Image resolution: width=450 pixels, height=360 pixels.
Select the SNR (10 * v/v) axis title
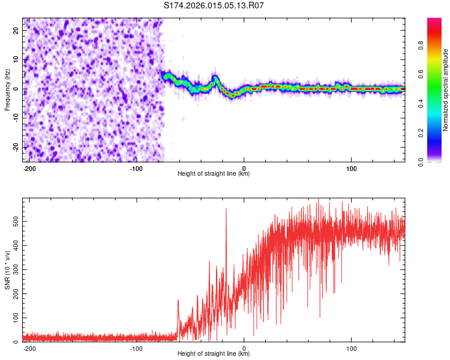pyautogui.click(x=7, y=270)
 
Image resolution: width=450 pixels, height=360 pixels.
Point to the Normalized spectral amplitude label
pyautogui.click(x=446, y=90)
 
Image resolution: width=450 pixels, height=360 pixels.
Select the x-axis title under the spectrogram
pyautogui.click(x=214, y=174)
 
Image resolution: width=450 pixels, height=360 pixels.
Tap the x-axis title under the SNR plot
pyautogui.click(x=214, y=354)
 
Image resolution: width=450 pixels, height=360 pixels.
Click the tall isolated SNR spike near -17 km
pyautogui.click(x=226, y=210)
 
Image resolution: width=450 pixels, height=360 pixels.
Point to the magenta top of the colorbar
pyautogui.click(x=434, y=21)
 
